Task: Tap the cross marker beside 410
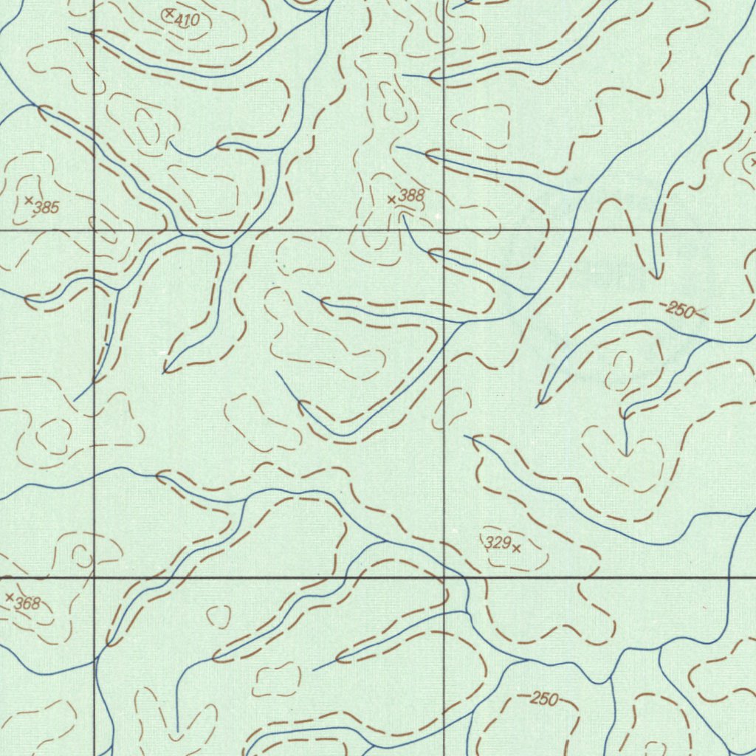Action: point(170,13)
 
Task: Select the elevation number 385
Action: point(46,207)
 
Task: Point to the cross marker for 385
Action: point(29,200)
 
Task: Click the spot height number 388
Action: point(411,196)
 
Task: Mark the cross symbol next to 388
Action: point(391,199)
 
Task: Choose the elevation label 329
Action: point(498,543)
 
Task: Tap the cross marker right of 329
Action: point(516,548)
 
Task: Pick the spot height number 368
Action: point(27,603)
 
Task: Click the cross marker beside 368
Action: point(10,597)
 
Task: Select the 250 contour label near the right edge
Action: point(680,310)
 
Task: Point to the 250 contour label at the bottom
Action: point(544,698)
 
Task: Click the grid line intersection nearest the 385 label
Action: point(94,230)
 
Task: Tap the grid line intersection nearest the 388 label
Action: point(443,230)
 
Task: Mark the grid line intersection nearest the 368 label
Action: point(94,577)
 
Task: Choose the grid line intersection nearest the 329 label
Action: point(443,577)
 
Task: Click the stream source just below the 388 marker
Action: point(403,215)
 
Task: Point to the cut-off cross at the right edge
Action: point(752,161)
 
